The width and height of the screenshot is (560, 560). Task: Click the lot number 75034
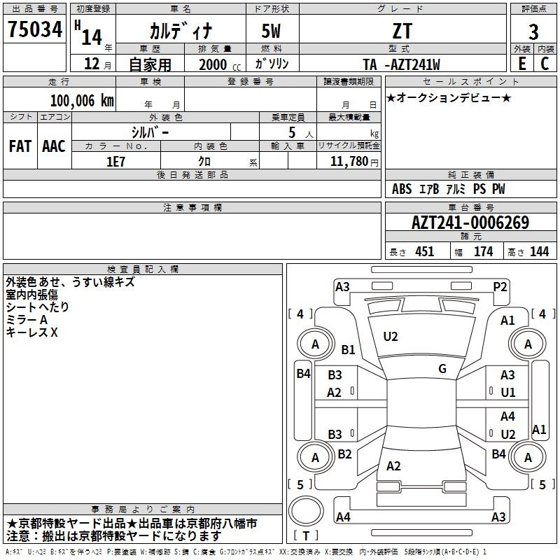pos(35,29)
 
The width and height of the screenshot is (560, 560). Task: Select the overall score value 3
pos(533,31)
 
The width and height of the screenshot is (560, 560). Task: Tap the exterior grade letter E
pos(522,64)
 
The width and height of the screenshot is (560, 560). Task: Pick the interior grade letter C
pos(545,64)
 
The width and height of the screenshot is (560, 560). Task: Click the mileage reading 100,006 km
pos(82,100)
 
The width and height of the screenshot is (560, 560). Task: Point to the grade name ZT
pos(402,31)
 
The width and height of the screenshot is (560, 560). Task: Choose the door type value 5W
pos(271,31)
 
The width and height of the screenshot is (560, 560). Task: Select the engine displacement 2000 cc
pos(220,64)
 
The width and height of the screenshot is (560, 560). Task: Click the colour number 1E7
pos(115,162)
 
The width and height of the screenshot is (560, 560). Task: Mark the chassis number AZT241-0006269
pos(470,223)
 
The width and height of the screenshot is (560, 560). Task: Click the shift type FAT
pos(20,146)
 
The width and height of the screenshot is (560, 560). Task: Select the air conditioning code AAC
pos(54,146)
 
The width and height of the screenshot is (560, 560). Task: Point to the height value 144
pos(539,251)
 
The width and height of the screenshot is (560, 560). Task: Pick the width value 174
pos(484,251)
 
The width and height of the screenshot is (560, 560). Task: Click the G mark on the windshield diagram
pos(442,369)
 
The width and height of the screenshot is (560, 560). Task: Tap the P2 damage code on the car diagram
pos(500,287)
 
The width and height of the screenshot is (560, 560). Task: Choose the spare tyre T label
pos(306,535)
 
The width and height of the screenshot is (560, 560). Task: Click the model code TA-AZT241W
pos(401,64)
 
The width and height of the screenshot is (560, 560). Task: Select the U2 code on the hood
pos(391,337)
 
